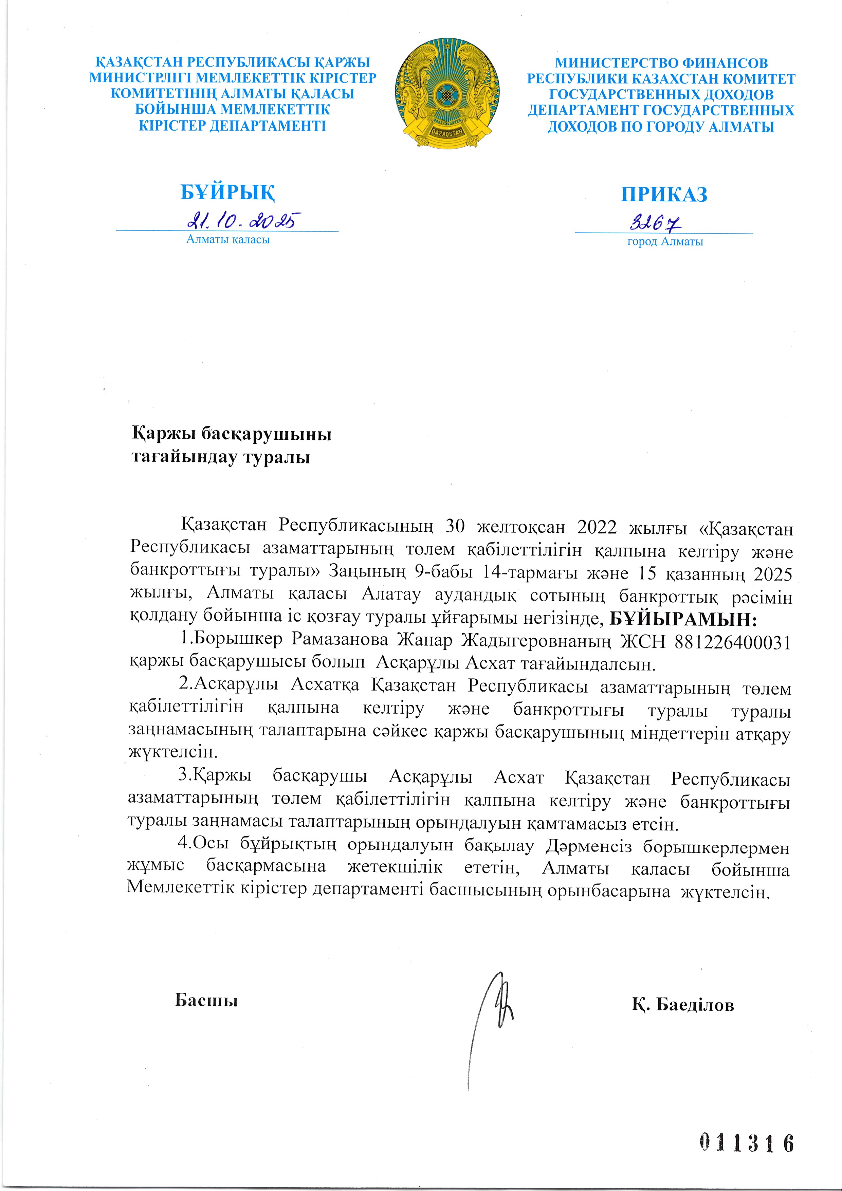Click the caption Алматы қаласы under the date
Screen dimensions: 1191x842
point(228,240)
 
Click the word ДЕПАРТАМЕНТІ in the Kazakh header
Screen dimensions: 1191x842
point(268,126)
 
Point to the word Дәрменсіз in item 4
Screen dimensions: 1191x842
point(588,846)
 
